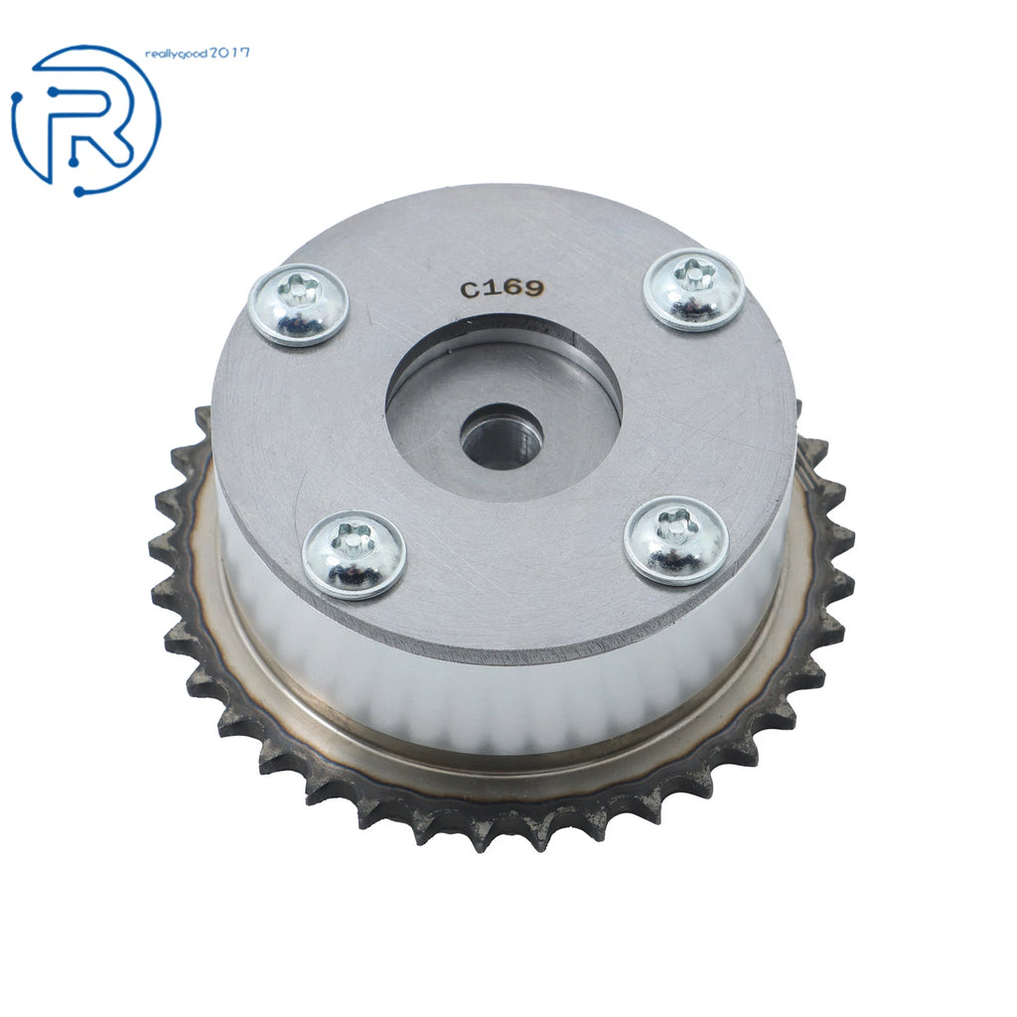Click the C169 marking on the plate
pos(501,288)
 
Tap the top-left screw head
pos(298,305)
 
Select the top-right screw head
pos(693,289)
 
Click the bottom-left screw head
pos(354,554)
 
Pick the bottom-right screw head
pos(675,540)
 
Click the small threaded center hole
pos(502,436)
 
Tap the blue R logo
pos(85,120)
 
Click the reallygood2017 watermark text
pos(198,54)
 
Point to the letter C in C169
pos(469,291)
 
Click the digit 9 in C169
pos(530,286)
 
